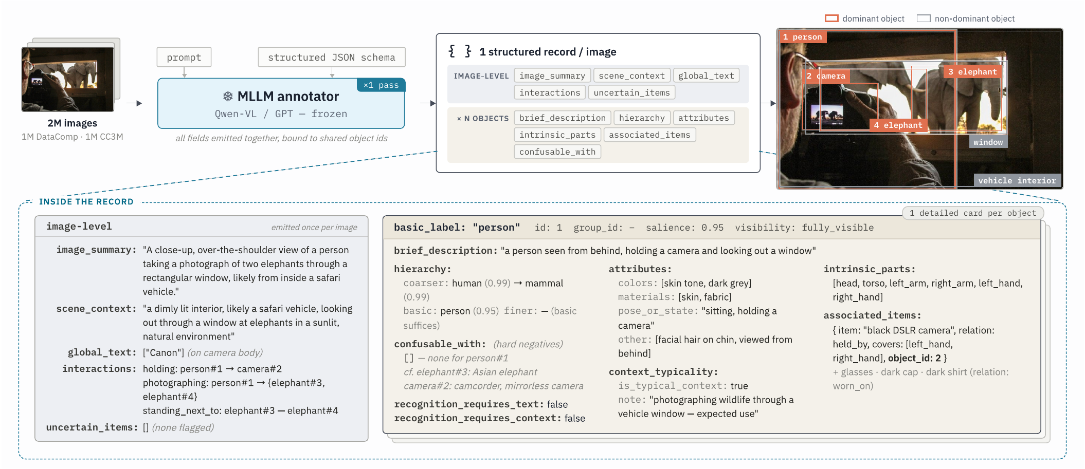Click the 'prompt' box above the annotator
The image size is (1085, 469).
click(x=184, y=58)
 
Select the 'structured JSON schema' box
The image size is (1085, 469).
click(x=332, y=58)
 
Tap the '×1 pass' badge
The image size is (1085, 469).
click(x=381, y=85)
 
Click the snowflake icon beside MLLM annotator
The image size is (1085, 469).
click(x=228, y=96)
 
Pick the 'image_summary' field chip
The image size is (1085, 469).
click(x=552, y=76)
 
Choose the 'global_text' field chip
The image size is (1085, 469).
click(x=706, y=76)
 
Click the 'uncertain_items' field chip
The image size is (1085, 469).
click(x=631, y=92)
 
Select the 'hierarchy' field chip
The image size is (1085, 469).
click(x=642, y=118)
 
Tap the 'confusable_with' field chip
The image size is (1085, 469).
click(x=557, y=152)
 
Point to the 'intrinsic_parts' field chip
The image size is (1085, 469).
click(x=557, y=135)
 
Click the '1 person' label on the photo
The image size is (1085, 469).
click(x=803, y=37)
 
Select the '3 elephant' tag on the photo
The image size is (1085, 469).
click(x=972, y=72)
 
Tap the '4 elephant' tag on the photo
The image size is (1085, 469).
click(x=898, y=125)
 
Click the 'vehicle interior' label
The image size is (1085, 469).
click(x=1017, y=181)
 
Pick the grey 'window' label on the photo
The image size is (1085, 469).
click(x=988, y=142)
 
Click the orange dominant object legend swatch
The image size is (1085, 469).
click(x=831, y=18)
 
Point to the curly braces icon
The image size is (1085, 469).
click(x=460, y=51)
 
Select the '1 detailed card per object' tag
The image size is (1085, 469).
click(x=973, y=213)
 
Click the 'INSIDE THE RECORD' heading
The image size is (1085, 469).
click(x=86, y=202)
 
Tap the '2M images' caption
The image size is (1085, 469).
click(x=73, y=123)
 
